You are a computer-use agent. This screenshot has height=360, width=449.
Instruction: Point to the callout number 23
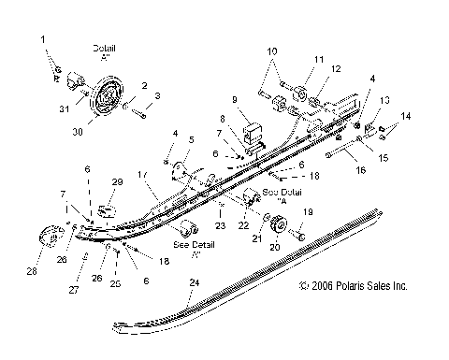coord(221,225)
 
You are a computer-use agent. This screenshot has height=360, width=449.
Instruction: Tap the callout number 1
coord(41,38)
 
